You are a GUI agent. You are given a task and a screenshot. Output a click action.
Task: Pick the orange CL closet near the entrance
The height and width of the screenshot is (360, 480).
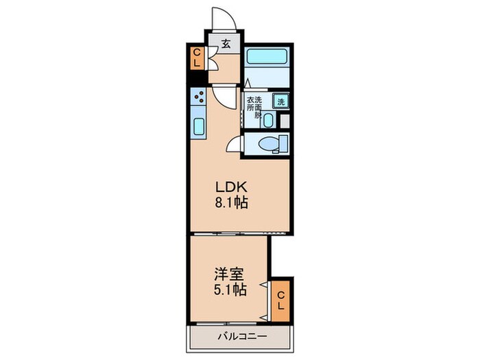click(x=196, y=58)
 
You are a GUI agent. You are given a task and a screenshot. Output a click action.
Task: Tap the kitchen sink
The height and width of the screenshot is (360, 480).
click(x=199, y=127)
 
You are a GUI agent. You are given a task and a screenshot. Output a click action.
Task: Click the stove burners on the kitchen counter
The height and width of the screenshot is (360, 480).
click(x=199, y=98)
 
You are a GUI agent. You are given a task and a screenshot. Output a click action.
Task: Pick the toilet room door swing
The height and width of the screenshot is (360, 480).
click(x=234, y=143)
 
